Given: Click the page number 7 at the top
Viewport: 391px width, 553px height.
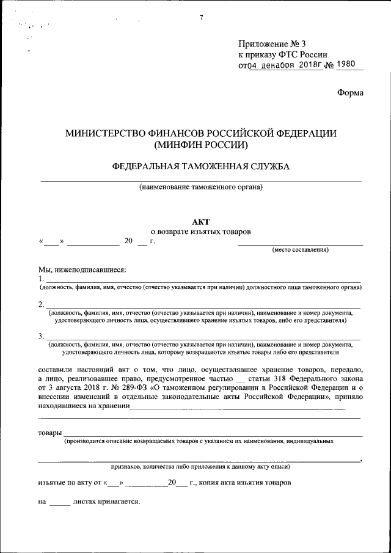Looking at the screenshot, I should (x=201, y=16).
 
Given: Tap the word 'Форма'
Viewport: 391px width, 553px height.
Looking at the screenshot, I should (x=350, y=93).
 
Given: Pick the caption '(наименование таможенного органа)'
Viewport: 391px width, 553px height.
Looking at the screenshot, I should (x=201, y=187).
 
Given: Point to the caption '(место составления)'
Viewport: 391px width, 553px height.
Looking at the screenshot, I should (x=301, y=250).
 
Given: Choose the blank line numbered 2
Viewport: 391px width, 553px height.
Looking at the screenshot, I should (x=202, y=305).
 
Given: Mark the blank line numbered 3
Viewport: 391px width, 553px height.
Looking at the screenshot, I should (x=202, y=337).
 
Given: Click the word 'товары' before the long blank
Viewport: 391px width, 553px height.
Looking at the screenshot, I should (x=48, y=433).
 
